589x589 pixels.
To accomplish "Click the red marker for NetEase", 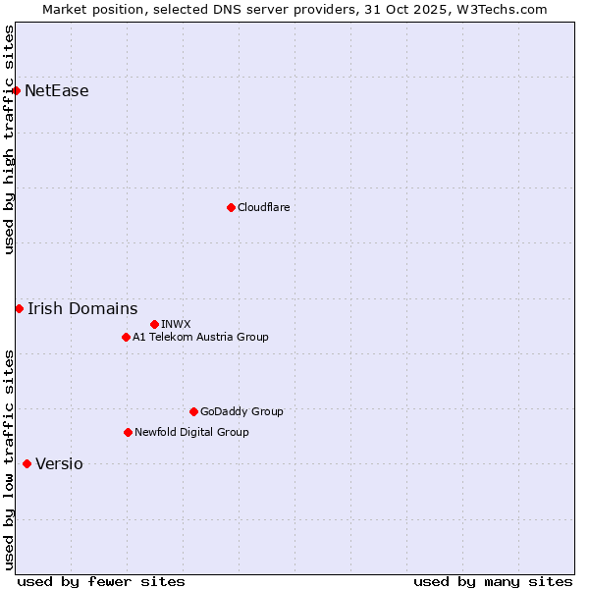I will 17,91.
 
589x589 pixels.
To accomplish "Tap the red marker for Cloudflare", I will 231,207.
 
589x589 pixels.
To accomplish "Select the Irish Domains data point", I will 19,309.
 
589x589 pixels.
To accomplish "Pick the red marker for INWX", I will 154,324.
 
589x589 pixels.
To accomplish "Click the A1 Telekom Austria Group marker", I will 126,338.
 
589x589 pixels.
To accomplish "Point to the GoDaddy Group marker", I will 193,412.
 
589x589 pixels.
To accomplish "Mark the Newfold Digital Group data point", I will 128,432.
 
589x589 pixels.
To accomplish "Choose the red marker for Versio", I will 27,464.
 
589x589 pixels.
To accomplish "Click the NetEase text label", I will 56,91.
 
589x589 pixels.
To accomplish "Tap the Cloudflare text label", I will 263,207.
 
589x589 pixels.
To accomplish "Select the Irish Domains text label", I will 82,309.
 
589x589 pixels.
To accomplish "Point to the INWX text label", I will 176,324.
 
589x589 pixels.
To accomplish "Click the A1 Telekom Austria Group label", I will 200,338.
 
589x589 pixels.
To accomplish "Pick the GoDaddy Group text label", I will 241,412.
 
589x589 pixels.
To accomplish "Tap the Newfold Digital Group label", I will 191,432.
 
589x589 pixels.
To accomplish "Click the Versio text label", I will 59,464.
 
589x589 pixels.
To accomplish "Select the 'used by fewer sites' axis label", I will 101,581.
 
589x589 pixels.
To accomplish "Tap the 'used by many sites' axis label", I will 493,581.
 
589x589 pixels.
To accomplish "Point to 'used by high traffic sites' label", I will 9,139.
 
